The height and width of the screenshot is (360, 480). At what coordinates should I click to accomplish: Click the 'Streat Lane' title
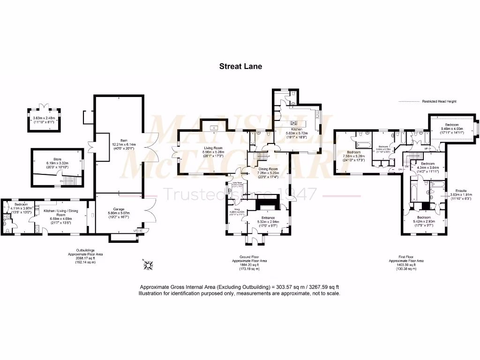240,66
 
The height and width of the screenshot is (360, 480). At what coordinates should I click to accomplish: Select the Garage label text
118,210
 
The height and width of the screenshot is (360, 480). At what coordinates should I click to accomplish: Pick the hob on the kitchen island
294,121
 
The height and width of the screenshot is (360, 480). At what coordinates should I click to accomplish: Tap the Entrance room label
265,221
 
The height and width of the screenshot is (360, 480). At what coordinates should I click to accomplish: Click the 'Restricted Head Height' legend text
439,101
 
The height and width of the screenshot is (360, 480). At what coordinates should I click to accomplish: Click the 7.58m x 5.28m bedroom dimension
354,157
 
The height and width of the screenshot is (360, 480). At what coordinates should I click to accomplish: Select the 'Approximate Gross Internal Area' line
239,287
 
